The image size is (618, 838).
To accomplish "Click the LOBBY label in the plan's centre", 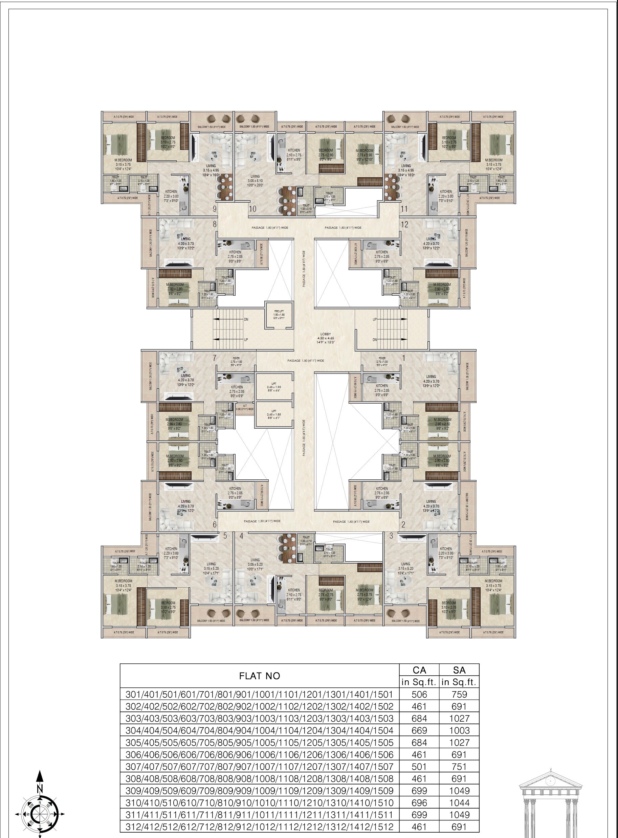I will click(326, 338).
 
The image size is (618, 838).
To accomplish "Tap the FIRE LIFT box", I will click(279, 315).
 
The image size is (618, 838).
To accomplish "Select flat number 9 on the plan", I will click(215, 209).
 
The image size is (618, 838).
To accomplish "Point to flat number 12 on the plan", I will click(404, 224).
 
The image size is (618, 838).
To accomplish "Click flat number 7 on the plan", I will click(215, 358).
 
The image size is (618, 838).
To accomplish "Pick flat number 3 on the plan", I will click(391, 536).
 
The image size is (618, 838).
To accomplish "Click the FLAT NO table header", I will click(259, 676).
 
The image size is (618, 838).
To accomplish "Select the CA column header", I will click(419, 670).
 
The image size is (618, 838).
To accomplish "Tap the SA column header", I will click(459, 670).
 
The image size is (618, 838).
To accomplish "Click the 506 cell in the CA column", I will click(419, 695).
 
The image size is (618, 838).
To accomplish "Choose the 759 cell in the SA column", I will click(459, 695).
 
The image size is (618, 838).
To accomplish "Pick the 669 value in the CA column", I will click(419, 730).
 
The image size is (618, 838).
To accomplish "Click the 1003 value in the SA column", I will click(459, 730).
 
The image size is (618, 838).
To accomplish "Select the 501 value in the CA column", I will click(419, 767).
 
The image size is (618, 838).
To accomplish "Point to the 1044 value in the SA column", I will click(459, 802).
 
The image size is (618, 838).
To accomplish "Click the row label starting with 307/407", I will click(259, 767).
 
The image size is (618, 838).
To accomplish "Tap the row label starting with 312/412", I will click(259, 827).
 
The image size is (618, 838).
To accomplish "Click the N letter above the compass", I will click(40, 788).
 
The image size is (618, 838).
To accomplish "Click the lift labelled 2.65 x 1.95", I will click(274, 387).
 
